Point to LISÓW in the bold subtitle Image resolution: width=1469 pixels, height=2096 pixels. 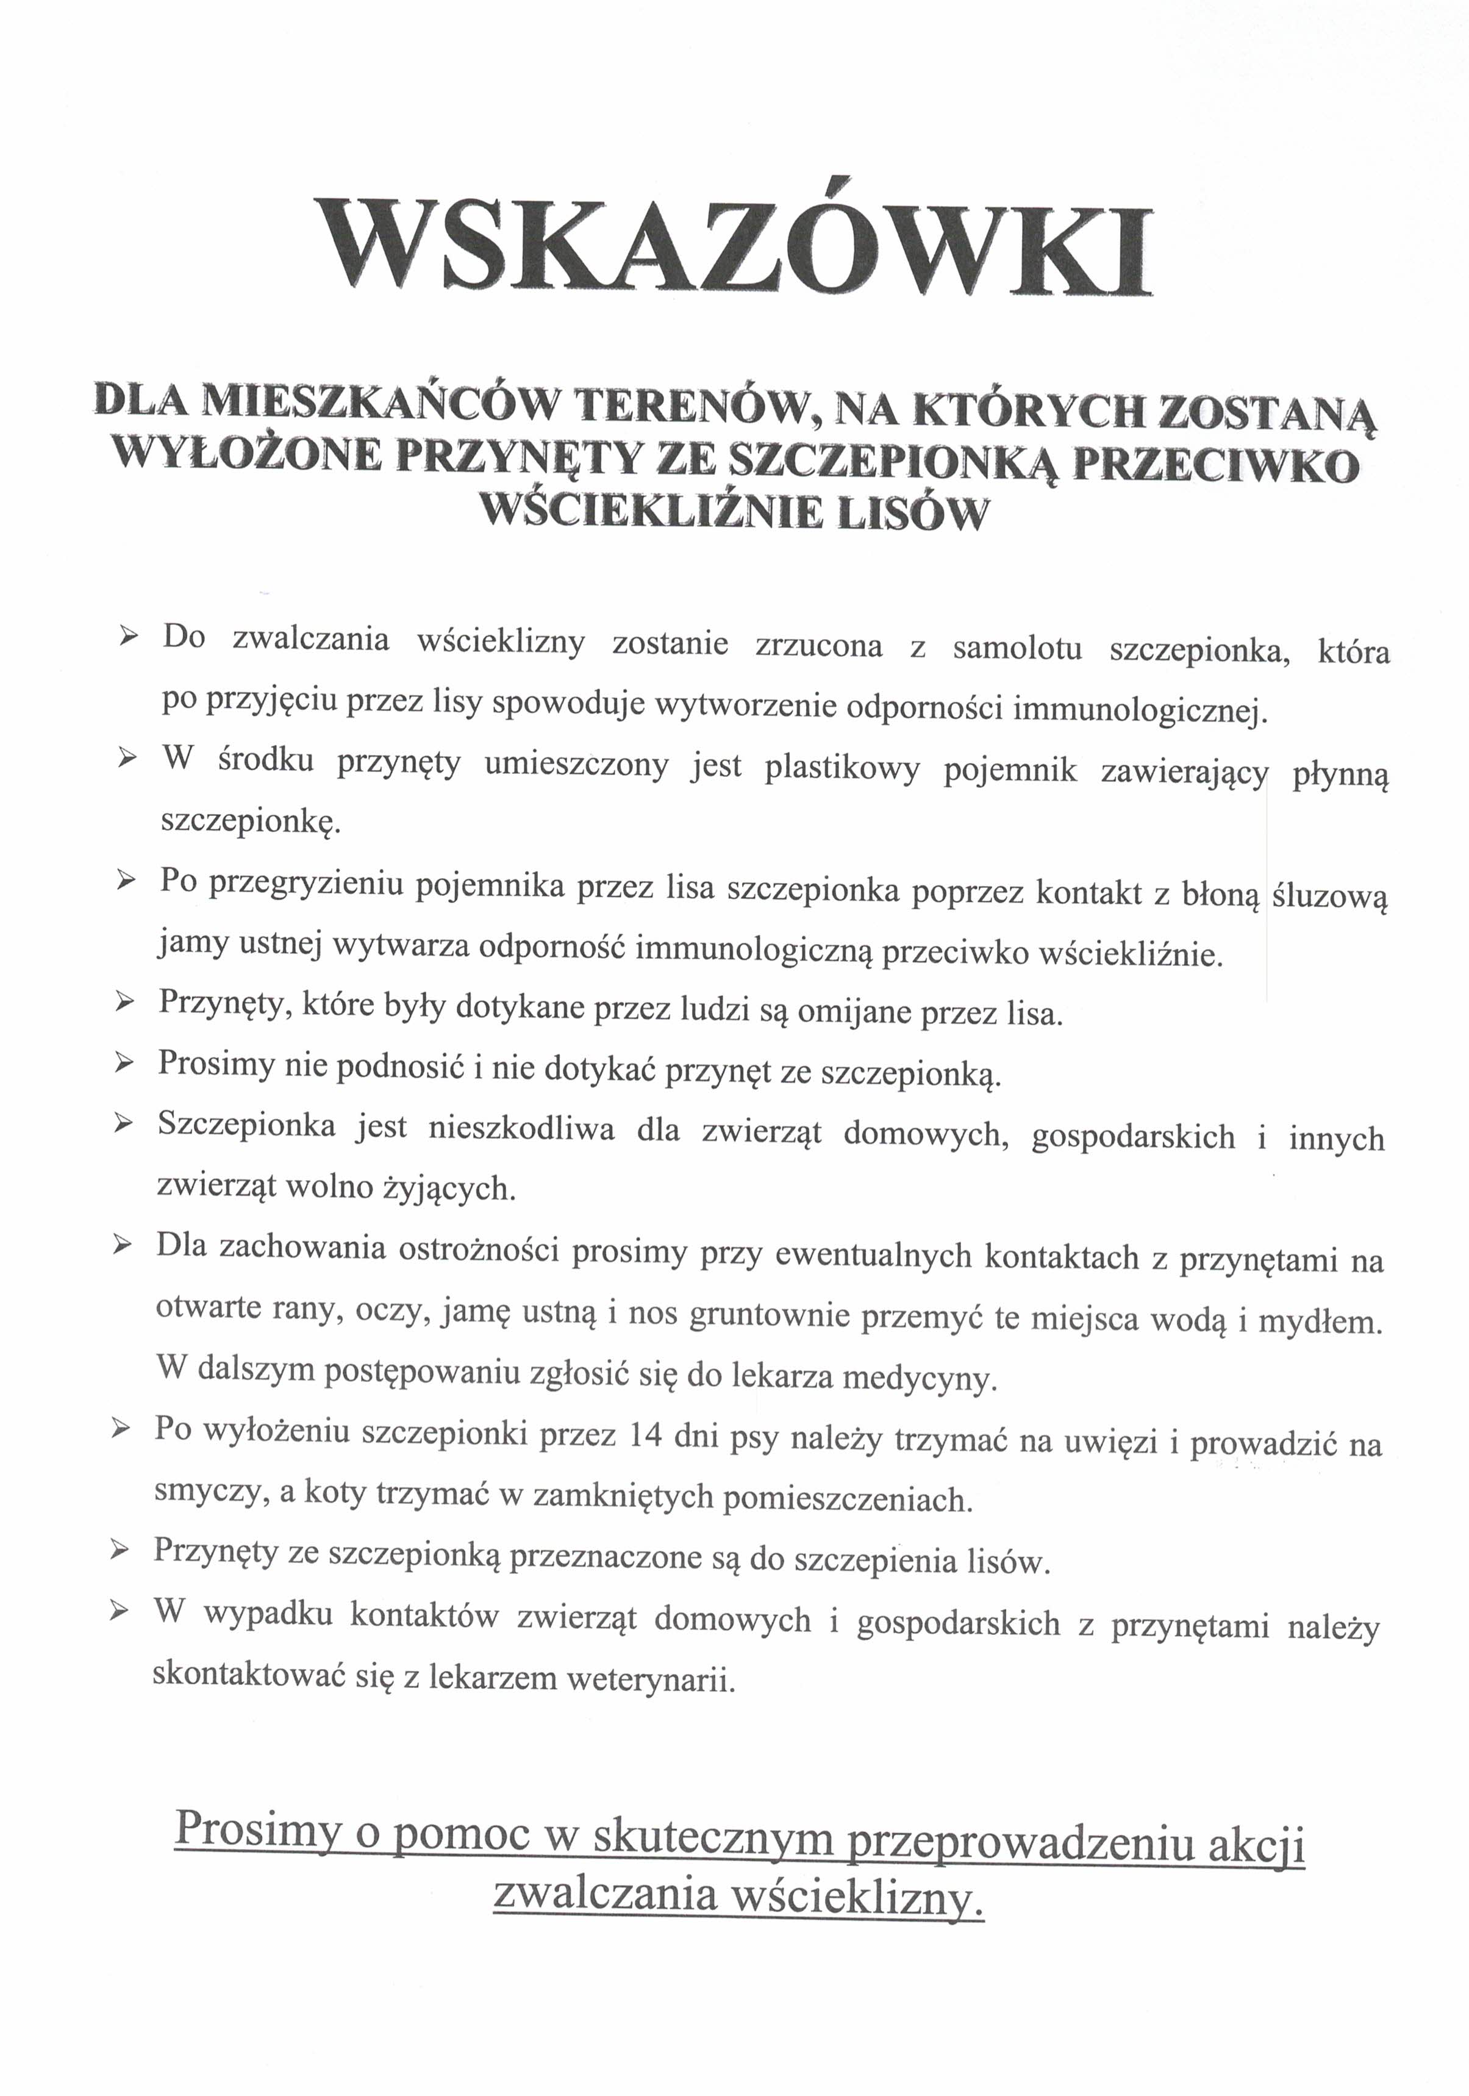pyautogui.click(x=912, y=512)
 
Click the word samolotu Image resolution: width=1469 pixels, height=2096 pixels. pyautogui.click(x=1017, y=648)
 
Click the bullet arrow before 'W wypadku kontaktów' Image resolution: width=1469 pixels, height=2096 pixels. pyautogui.click(x=118, y=1614)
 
